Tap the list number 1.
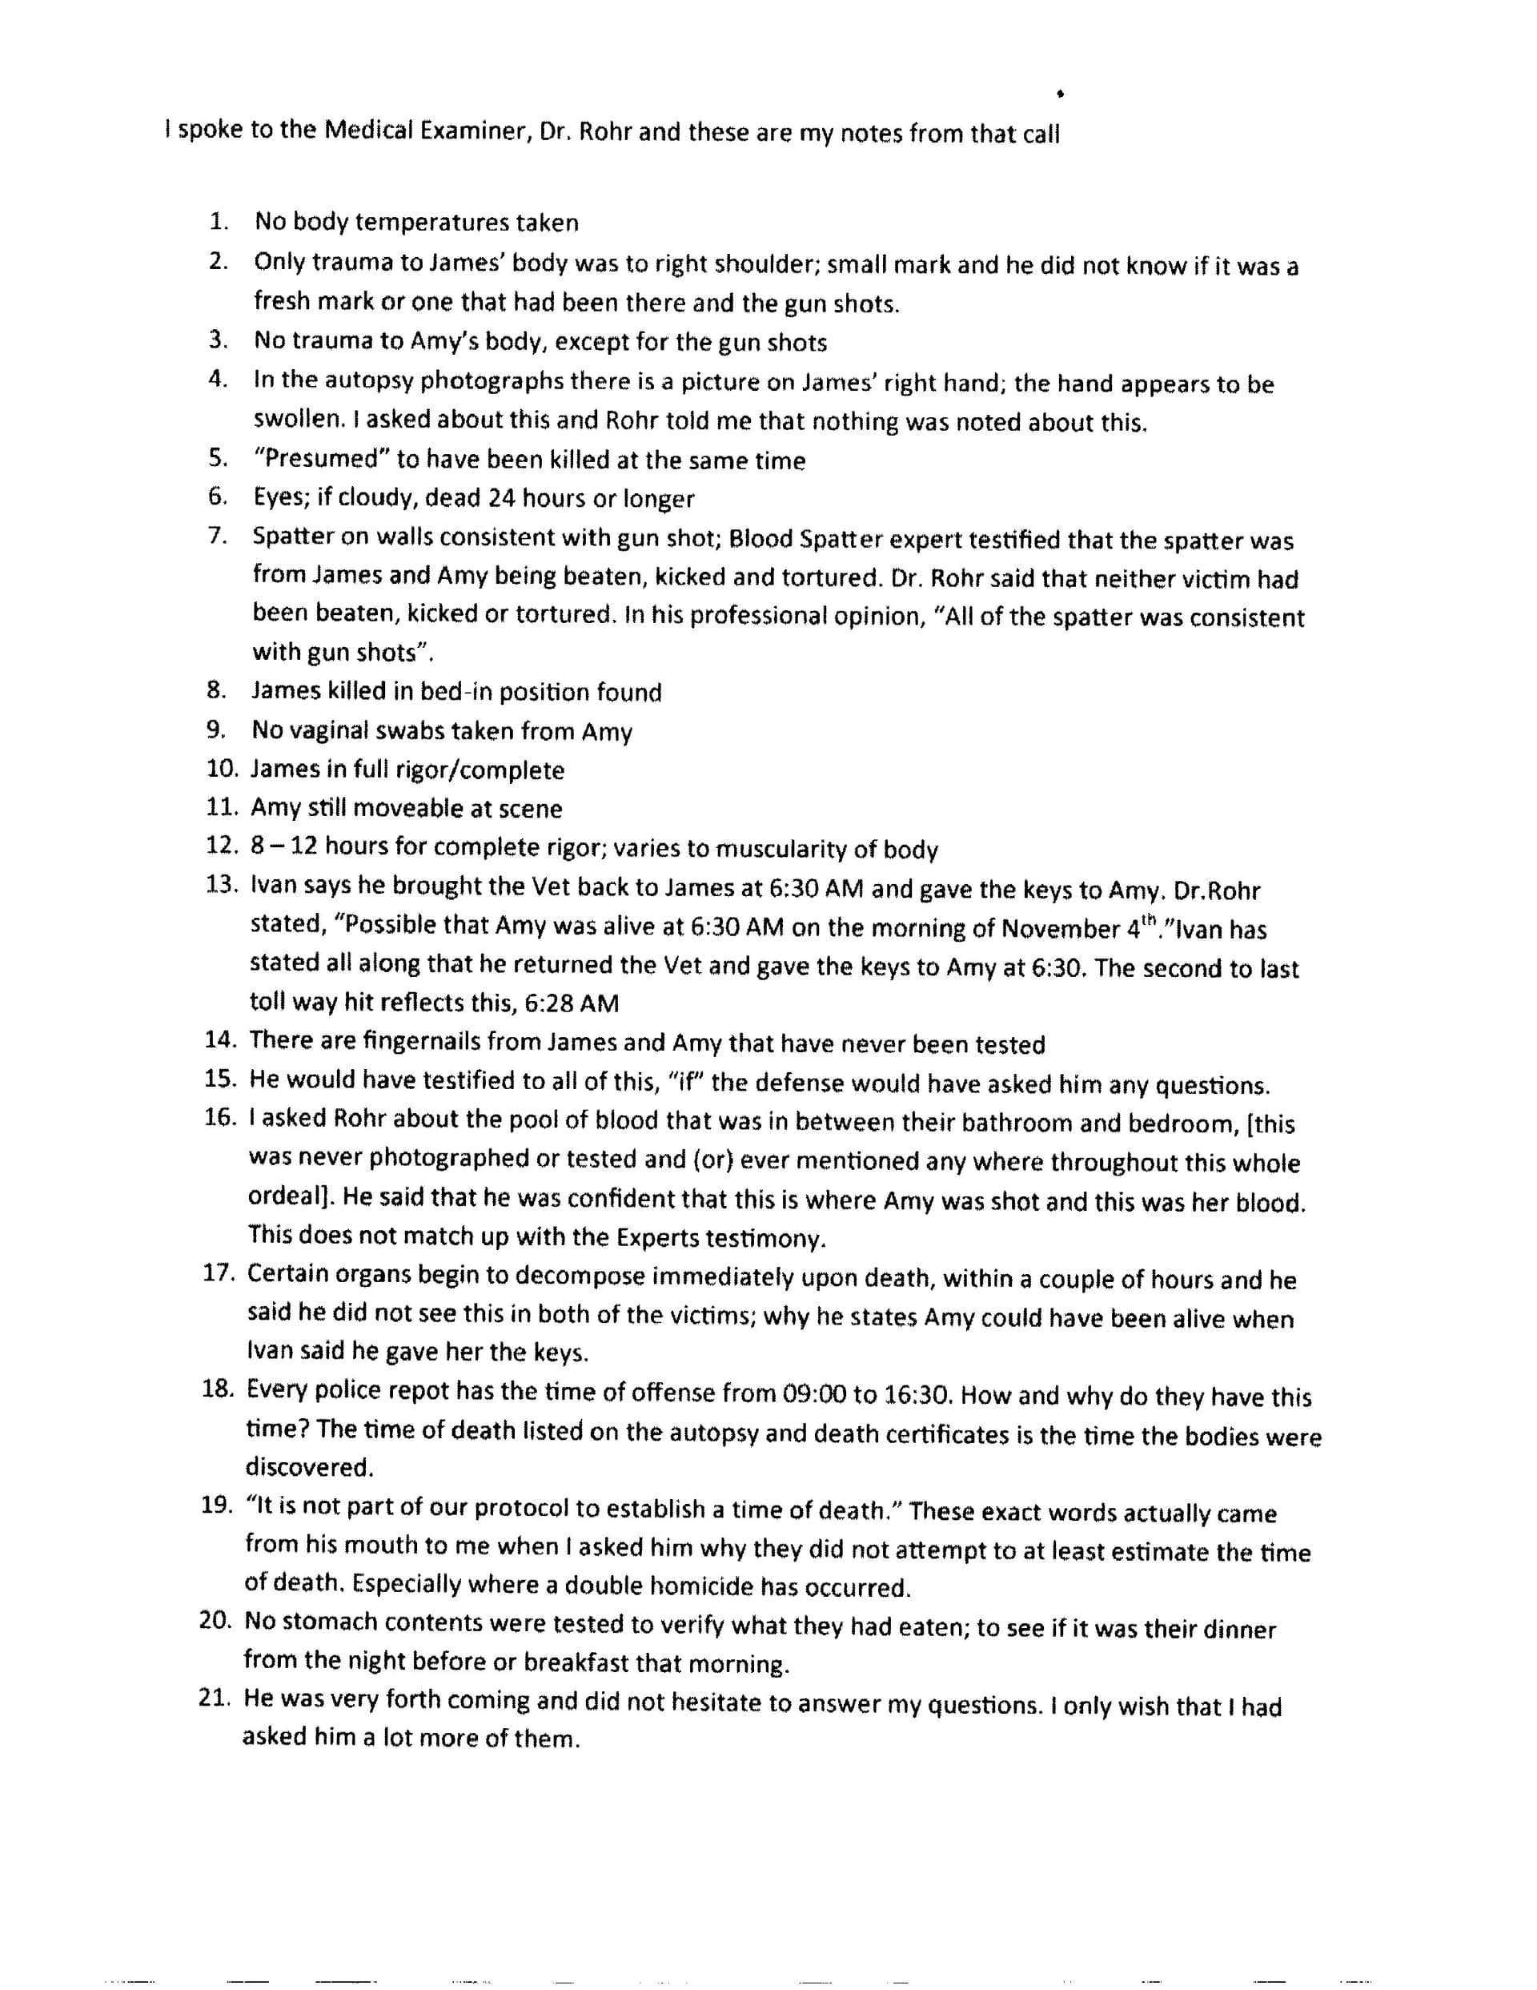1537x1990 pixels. (x=218, y=221)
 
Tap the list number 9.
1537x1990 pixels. (x=216, y=730)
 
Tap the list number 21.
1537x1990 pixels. (x=212, y=1699)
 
